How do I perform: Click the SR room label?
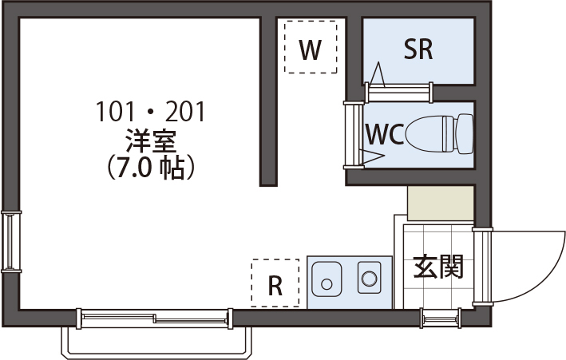coord(418,50)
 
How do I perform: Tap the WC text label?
coord(383,134)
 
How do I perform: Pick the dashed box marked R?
coord(275,283)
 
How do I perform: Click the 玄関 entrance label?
coord(438,267)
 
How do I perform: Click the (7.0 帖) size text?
coord(151,167)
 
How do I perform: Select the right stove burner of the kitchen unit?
coord(369,278)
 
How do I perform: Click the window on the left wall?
coord(10,240)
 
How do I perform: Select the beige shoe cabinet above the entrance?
coord(440,204)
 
